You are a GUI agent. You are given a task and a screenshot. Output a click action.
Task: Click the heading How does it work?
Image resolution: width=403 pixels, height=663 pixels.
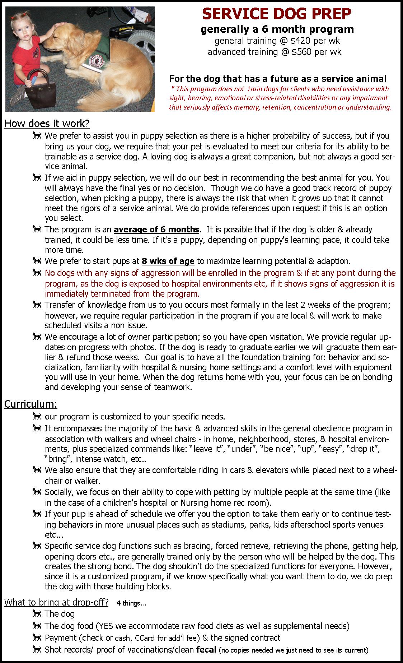pyautogui.click(x=47, y=124)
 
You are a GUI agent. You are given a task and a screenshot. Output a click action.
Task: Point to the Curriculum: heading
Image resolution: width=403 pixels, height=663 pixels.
pyautogui.click(x=31, y=404)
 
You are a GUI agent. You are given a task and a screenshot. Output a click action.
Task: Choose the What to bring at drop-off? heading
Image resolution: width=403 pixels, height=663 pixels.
pyautogui.click(x=56, y=602)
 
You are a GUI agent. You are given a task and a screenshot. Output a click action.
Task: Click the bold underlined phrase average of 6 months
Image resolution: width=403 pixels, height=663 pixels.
pyautogui.click(x=156, y=229)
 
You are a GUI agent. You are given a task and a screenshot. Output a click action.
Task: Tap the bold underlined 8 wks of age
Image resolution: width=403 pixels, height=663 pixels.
pyautogui.click(x=168, y=261)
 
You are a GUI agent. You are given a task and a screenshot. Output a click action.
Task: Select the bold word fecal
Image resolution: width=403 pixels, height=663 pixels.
pyautogui.click(x=206, y=649)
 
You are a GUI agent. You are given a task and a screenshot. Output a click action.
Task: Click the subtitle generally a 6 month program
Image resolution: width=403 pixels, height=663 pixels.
pyautogui.click(x=277, y=29)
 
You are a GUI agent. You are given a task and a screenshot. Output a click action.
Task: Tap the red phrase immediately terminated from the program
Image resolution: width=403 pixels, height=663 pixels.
pyautogui.click(x=122, y=294)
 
